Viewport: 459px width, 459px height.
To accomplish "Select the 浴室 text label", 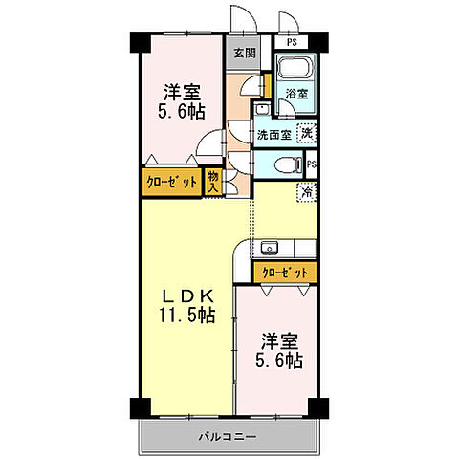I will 296,95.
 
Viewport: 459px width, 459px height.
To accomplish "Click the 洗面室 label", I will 273,135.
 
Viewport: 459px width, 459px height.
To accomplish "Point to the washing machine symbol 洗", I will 306,134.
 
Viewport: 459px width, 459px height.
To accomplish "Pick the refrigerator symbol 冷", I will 308,190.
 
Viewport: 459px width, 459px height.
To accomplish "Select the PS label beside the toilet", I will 312,165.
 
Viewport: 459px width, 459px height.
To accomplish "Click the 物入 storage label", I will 214,180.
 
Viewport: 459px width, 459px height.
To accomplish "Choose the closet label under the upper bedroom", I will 172,181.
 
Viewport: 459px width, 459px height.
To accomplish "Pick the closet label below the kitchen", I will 286,273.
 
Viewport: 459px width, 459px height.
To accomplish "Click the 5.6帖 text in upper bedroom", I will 182,111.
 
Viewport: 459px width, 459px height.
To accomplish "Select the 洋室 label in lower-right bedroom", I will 278,339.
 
